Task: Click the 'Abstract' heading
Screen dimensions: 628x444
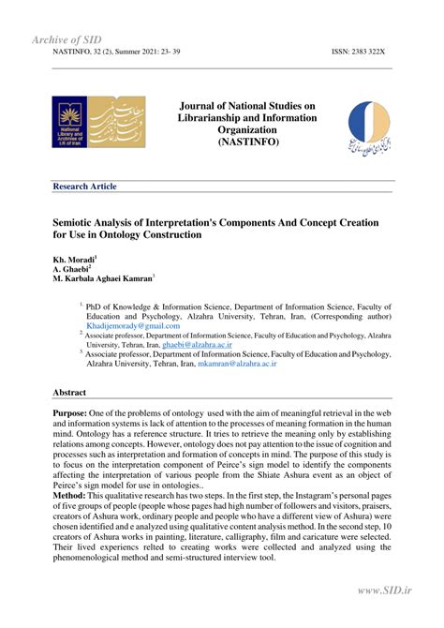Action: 69,393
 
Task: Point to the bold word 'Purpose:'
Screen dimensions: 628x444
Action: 73,411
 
